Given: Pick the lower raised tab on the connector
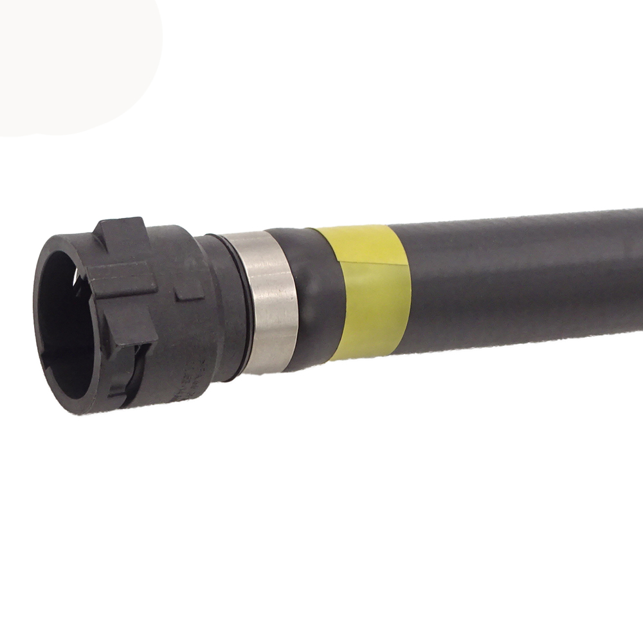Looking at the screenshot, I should click(129, 360).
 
